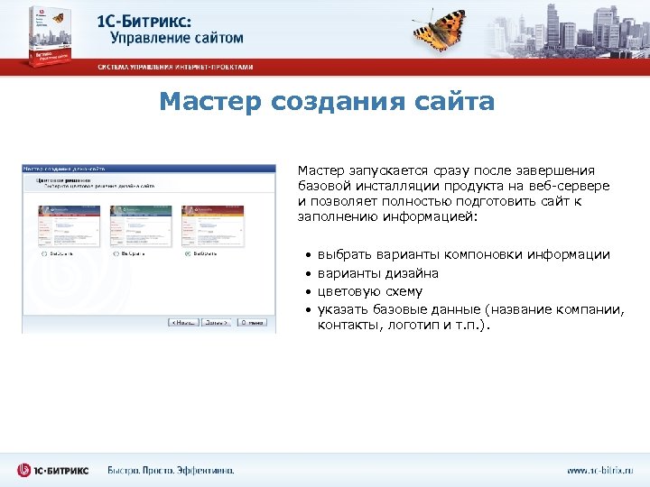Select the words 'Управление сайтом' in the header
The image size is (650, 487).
pos(177,38)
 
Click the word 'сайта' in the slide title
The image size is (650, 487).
pos(455,102)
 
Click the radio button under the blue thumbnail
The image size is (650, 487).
pos(44,254)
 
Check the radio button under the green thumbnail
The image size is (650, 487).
pos(116,254)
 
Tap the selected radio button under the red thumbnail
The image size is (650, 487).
pos(187,254)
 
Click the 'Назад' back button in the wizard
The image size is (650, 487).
pos(183,322)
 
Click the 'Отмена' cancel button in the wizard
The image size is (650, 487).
pos(254,322)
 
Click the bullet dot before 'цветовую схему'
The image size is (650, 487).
pos(307,292)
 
